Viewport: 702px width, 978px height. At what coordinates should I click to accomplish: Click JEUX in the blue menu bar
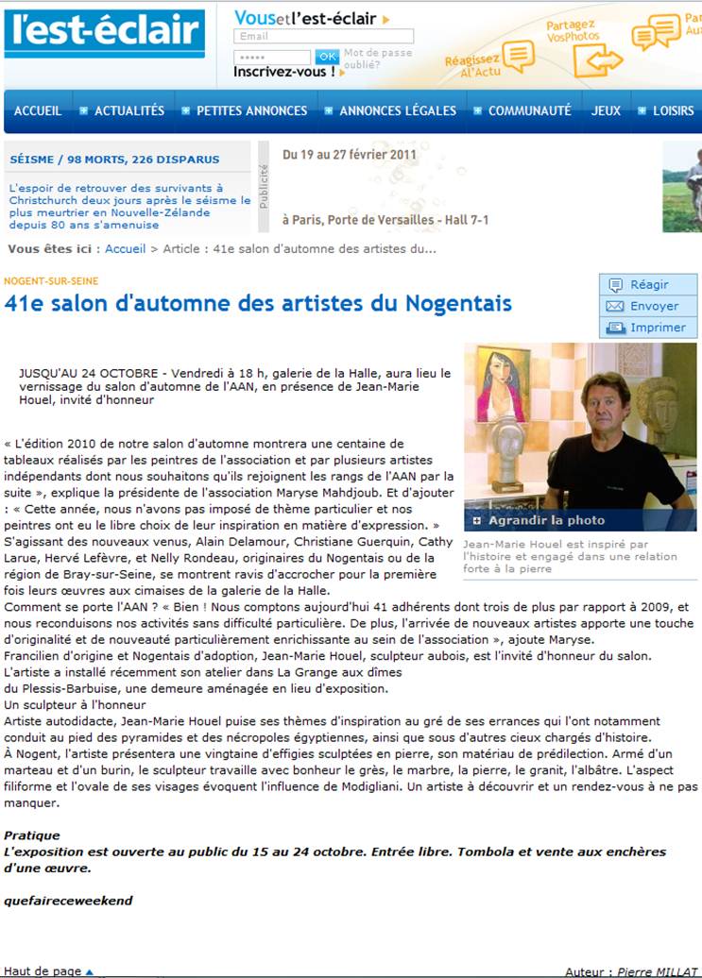click(607, 110)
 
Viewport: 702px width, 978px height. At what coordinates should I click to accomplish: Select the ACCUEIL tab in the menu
click(38, 110)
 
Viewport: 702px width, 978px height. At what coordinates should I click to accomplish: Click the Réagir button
click(648, 284)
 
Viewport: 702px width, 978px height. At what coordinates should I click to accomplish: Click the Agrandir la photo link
click(546, 520)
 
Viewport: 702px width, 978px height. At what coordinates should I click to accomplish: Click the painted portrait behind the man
click(502, 383)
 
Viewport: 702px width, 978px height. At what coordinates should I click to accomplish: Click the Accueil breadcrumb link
click(125, 249)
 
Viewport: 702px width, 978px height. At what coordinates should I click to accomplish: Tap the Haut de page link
click(43, 970)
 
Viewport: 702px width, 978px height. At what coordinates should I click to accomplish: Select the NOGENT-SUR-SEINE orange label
click(51, 281)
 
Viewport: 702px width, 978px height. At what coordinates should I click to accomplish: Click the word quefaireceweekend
click(68, 901)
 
